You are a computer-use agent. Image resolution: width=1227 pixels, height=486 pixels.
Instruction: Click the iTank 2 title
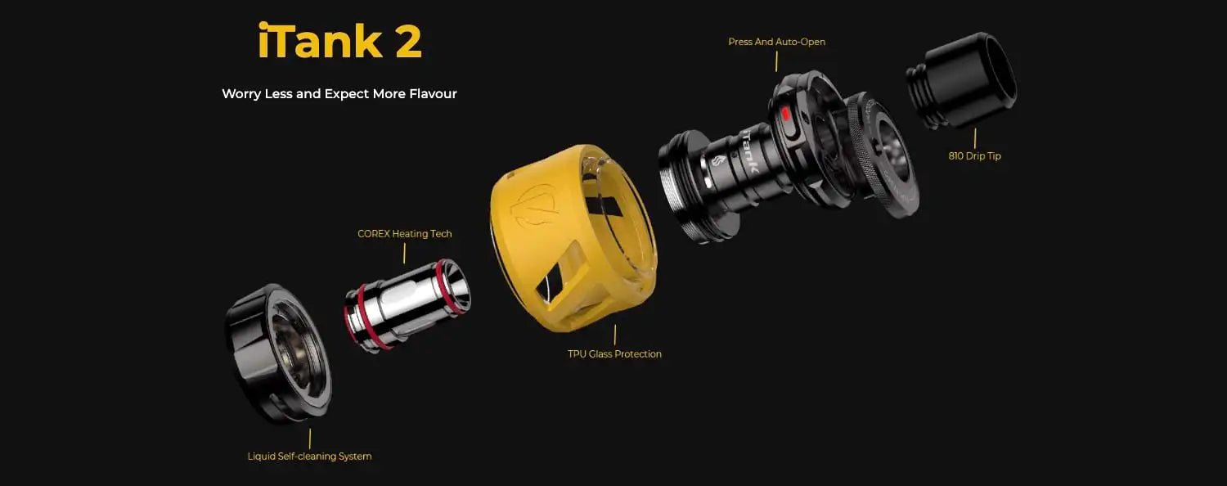click(339, 41)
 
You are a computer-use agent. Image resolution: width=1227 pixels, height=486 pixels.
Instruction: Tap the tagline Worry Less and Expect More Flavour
click(339, 94)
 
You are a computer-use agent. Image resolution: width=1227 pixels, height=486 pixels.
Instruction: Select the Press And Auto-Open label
click(777, 42)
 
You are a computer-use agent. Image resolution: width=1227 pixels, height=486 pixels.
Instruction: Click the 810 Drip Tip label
click(974, 156)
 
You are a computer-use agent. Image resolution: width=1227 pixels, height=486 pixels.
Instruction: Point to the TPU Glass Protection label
click(614, 354)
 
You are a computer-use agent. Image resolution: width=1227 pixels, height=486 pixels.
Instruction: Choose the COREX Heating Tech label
click(405, 234)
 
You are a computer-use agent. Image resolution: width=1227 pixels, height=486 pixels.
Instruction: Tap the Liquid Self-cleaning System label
click(309, 457)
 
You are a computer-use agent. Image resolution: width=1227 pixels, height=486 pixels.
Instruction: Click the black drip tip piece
click(961, 80)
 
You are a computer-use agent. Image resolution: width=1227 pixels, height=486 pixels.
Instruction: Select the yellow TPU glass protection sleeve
click(573, 238)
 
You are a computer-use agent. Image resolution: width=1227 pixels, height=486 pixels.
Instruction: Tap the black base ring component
click(278, 353)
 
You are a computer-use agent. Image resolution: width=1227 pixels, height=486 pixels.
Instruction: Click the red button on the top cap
click(785, 114)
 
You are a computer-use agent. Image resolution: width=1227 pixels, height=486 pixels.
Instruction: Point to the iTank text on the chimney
click(749, 151)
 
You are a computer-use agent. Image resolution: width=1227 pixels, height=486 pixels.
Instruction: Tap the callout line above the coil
click(404, 253)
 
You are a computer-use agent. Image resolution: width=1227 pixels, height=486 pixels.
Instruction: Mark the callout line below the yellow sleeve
click(614, 335)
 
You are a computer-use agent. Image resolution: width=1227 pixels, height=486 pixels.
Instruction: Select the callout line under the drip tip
click(975, 138)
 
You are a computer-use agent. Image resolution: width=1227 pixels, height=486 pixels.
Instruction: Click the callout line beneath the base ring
click(309, 439)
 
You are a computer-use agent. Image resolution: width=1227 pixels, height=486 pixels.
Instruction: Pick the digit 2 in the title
click(408, 42)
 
